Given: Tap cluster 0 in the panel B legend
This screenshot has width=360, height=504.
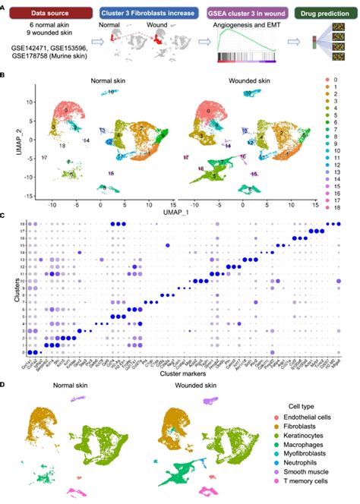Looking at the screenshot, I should click(330, 80).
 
